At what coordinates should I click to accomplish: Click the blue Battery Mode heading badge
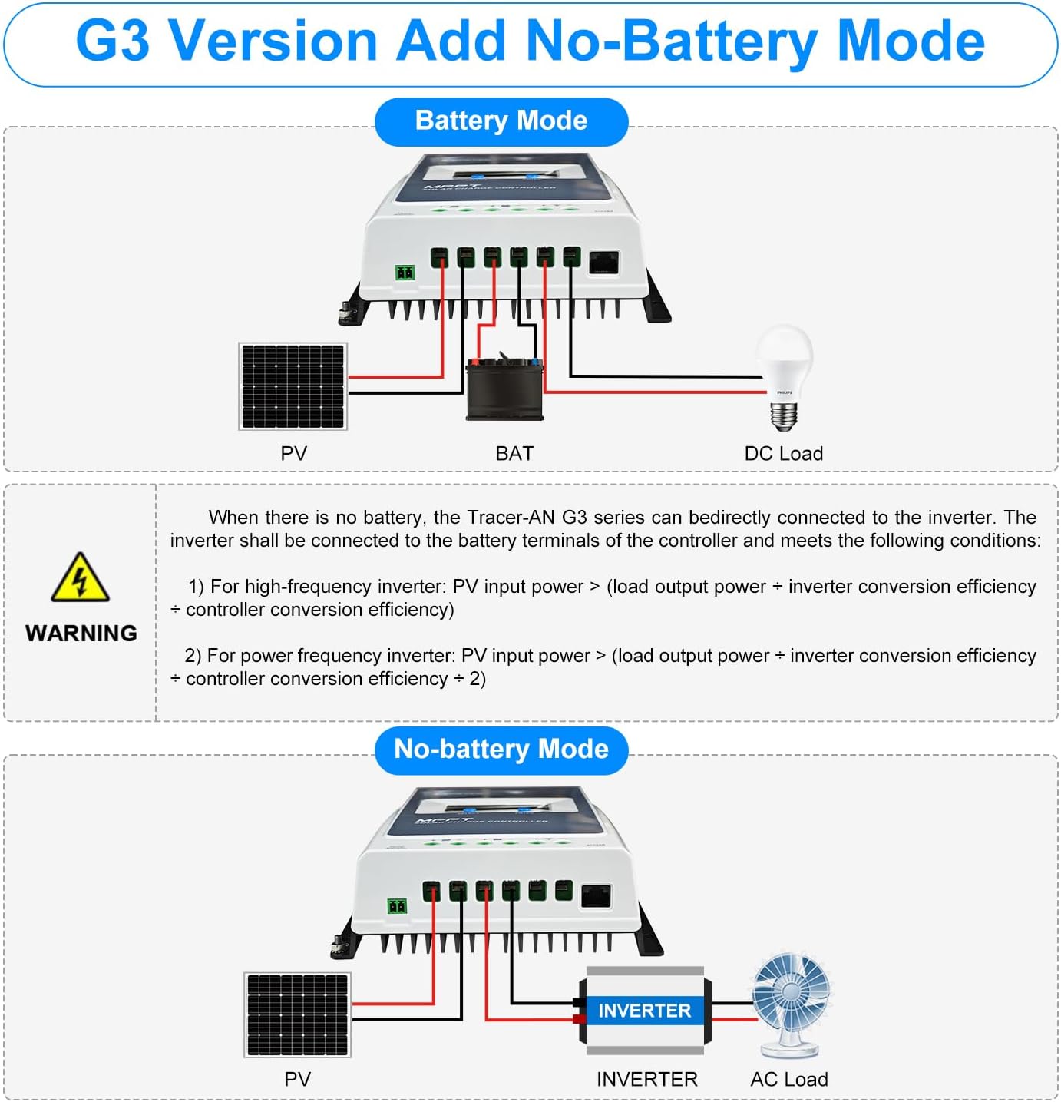(x=501, y=121)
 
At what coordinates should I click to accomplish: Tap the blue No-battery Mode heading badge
(x=501, y=750)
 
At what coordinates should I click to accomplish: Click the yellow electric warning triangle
(x=80, y=577)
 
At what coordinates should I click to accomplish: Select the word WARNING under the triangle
(x=81, y=633)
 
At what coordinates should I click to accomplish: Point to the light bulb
(x=784, y=376)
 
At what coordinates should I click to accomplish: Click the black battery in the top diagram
(x=504, y=389)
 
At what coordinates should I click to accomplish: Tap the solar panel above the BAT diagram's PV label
(x=293, y=386)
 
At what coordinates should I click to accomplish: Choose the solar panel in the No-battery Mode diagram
(x=297, y=1014)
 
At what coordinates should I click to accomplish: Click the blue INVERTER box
(x=644, y=1011)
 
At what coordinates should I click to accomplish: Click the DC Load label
(x=783, y=454)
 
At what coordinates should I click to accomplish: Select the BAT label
(x=514, y=454)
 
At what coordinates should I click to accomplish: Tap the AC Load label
(x=788, y=1080)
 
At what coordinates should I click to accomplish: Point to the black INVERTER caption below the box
(x=646, y=1080)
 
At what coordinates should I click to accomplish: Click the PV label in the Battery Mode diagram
(x=293, y=454)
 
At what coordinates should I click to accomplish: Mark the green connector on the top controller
(x=405, y=273)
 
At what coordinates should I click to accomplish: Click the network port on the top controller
(x=604, y=263)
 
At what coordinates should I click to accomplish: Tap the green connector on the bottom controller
(x=397, y=907)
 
